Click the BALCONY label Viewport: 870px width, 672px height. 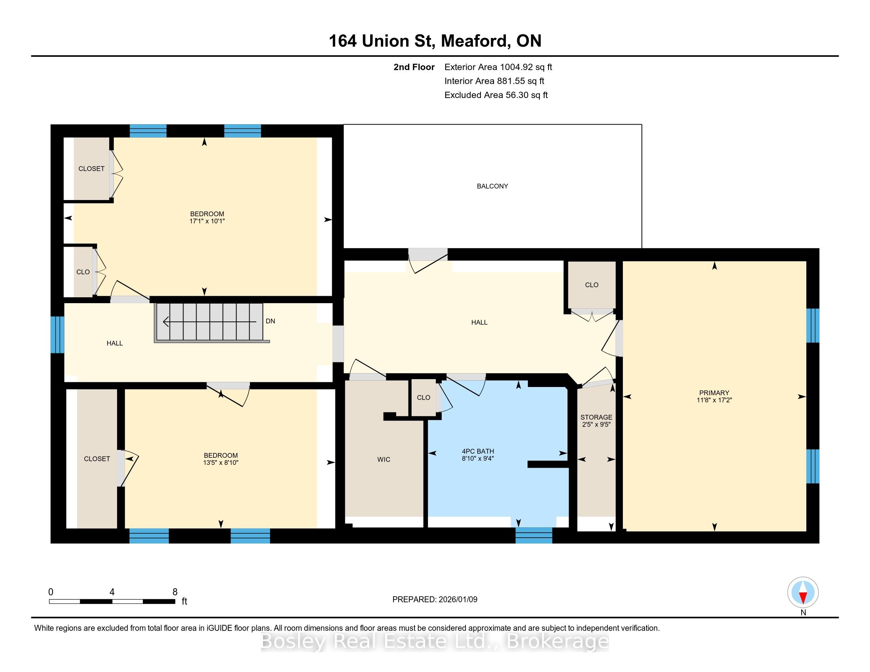click(x=492, y=186)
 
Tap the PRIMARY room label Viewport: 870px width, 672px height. click(x=714, y=393)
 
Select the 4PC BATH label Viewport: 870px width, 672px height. click(x=478, y=451)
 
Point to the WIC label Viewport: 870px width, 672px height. click(x=384, y=459)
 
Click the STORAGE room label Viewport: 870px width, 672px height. click(x=596, y=417)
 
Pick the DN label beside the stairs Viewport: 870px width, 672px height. click(x=270, y=321)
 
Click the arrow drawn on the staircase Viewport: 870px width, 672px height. click(x=210, y=321)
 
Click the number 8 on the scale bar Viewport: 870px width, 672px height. click(x=175, y=592)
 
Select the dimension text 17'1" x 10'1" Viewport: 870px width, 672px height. click(x=207, y=221)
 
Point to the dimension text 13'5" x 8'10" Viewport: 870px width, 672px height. click(x=221, y=462)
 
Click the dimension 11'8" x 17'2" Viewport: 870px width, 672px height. click(x=714, y=400)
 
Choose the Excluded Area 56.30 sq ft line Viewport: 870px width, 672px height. click(x=496, y=95)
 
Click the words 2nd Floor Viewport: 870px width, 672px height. click(x=414, y=67)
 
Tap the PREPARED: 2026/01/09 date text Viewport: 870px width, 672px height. click(x=435, y=600)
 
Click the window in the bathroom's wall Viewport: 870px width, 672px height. click(x=534, y=535)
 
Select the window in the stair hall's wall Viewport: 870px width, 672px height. click(x=57, y=335)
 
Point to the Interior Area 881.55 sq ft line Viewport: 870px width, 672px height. click(x=494, y=81)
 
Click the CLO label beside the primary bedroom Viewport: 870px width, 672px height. click(x=592, y=285)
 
